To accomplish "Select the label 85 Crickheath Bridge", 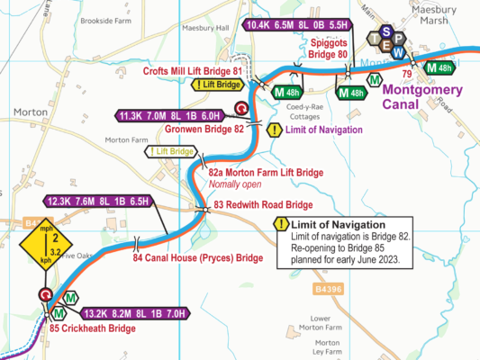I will point(93,328).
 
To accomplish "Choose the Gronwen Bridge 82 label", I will point(204,129).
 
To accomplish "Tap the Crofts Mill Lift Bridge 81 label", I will point(193,70).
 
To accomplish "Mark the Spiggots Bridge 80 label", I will point(329,49).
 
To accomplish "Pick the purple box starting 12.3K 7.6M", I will point(99,201).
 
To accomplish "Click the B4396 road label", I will point(330,264).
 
